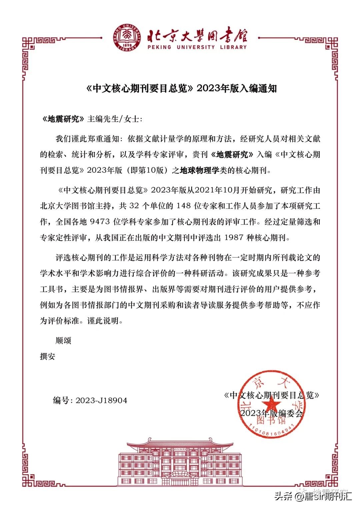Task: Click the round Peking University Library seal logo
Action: (128, 37)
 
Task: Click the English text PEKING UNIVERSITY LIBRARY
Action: (197, 47)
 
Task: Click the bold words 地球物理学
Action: (199, 170)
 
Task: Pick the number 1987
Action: (234, 238)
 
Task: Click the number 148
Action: (184, 206)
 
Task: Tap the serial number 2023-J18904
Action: (101, 400)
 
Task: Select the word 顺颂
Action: (63, 341)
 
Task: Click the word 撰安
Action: (48, 356)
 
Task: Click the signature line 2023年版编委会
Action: (271, 413)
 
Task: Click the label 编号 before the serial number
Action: (61, 400)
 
